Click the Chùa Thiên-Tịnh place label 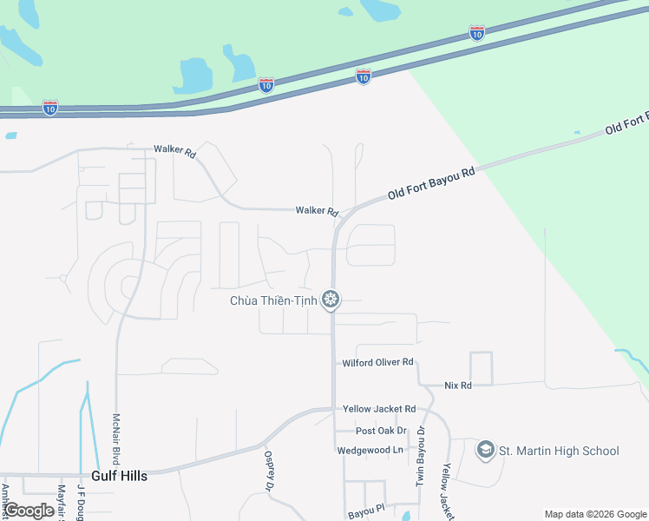272,300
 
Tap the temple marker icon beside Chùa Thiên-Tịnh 331,300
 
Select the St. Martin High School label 558,450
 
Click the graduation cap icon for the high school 485,450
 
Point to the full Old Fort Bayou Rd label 431,184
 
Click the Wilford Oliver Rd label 377,362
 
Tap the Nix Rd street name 457,385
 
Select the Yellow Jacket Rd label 379,409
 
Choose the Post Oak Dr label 381,431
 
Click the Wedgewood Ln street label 370,450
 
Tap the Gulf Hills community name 119,476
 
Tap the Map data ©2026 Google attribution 594,514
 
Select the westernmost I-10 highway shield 51,108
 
